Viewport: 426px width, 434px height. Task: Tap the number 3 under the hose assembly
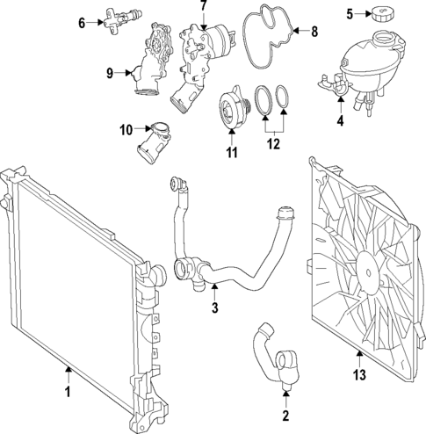213,308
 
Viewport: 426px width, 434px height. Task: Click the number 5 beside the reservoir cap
349,13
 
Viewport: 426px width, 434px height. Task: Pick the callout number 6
82,22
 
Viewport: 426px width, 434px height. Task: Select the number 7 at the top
203,6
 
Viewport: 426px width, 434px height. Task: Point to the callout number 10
126,130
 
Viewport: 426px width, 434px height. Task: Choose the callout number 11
232,153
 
